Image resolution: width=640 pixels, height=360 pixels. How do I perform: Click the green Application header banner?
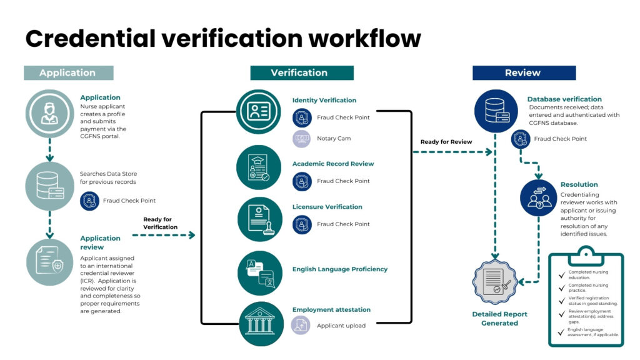coord(68,72)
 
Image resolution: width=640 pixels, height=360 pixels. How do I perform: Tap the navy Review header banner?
coord(523,72)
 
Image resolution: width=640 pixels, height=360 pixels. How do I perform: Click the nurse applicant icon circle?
coord(49,114)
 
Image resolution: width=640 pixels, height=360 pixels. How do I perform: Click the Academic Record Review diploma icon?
coord(259,167)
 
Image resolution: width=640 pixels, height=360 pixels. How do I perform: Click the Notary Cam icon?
coord(302,138)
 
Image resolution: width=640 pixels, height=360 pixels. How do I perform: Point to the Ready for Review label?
coord(446,142)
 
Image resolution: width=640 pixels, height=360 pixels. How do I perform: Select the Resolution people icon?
coord(539,198)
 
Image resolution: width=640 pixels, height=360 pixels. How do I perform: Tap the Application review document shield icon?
coord(49,262)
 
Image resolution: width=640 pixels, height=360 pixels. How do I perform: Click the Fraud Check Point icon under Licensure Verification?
coord(302,224)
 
